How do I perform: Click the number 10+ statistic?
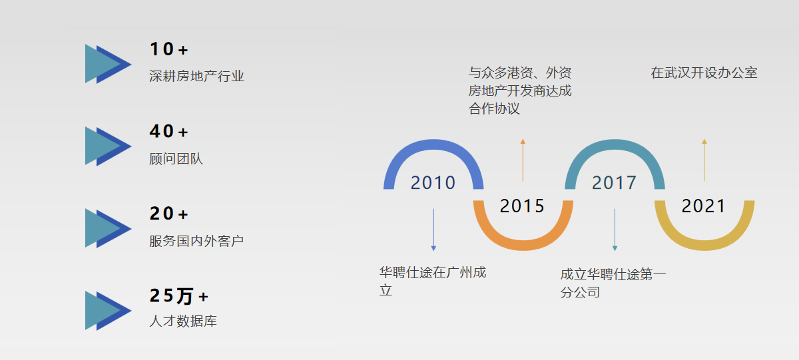[x=168, y=49]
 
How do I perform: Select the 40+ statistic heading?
[x=168, y=131]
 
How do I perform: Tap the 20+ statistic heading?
[x=168, y=214]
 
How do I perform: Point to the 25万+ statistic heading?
[x=178, y=296]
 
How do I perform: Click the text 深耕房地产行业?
[x=196, y=77]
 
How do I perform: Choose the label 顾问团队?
[x=176, y=158]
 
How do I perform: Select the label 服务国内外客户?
[x=196, y=241]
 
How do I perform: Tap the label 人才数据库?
[x=182, y=321]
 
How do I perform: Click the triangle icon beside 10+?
[x=108, y=64]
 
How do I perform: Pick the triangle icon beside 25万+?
[x=108, y=311]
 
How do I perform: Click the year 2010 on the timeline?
[x=433, y=182]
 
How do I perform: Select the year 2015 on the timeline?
[x=522, y=206]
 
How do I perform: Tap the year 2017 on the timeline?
[x=614, y=182]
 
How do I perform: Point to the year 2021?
[x=704, y=206]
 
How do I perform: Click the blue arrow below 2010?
[x=433, y=230]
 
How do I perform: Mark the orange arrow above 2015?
[x=523, y=160]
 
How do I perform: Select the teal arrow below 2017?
[x=615, y=230]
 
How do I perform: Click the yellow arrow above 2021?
[x=704, y=160]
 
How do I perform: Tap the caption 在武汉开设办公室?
[x=704, y=73]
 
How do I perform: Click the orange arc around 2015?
[x=523, y=246]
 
